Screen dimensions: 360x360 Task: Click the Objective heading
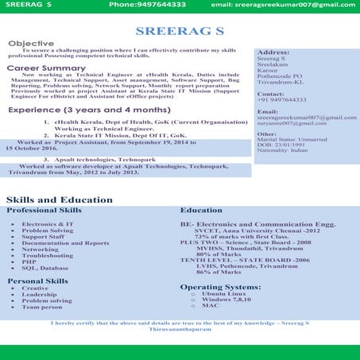[x=31, y=43]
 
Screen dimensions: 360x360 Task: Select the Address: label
[x=273, y=51]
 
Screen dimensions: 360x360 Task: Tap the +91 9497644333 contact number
[x=282, y=100]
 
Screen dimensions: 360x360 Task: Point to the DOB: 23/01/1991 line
[x=281, y=144]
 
